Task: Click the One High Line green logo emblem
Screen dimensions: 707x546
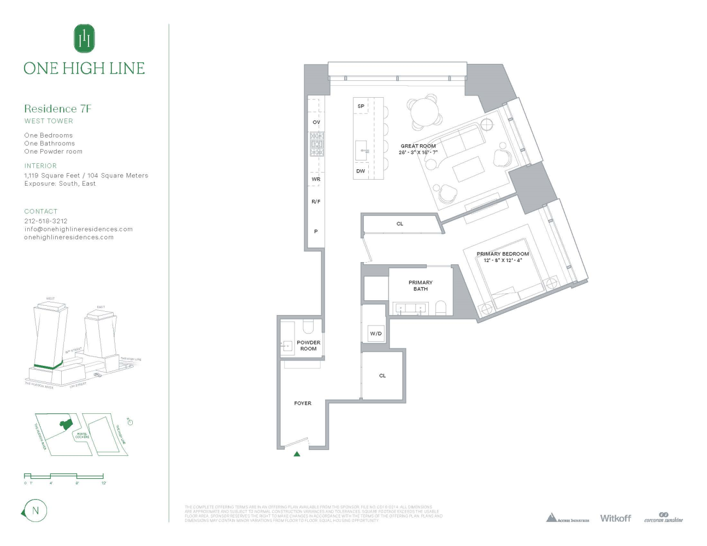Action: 84,39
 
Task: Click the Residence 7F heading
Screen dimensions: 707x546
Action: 57,109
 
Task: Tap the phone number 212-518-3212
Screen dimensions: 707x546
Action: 46,221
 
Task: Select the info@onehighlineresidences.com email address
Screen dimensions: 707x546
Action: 78,229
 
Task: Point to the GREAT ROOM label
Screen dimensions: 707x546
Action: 418,146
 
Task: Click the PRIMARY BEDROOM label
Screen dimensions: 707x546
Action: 503,254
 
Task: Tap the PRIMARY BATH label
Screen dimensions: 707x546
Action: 420,286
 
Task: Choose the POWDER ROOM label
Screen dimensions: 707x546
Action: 308,346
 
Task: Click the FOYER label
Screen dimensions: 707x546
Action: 303,403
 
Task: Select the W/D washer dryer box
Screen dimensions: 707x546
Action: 376,334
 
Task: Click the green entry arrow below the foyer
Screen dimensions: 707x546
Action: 297,454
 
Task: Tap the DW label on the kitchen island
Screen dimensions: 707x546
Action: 361,171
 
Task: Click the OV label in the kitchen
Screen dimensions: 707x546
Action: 316,122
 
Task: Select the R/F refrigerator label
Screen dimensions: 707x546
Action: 316,202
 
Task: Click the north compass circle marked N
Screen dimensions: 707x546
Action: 36,511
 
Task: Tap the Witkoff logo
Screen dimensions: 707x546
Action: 615,518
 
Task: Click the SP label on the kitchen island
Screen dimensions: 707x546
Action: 361,106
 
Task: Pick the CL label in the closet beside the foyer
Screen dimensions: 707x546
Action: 382,376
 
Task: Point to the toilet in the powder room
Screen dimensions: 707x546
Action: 308,327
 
